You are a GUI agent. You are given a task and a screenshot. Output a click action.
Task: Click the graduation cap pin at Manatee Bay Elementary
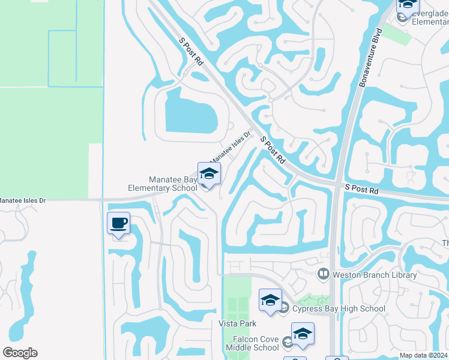(x=209, y=174)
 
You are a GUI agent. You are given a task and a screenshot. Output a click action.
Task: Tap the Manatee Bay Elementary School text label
(x=162, y=184)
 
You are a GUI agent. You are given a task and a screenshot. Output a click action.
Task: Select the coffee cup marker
(x=118, y=224)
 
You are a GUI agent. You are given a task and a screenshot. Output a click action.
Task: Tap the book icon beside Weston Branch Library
(x=324, y=274)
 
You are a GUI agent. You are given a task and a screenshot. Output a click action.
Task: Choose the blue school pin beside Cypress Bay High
(x=270, y=300)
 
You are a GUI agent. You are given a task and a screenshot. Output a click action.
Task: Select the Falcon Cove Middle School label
(x=252, y=343)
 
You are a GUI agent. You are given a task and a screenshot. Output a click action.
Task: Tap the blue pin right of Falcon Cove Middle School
(x=303, y=334)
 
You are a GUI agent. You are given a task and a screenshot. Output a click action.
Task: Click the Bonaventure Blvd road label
(x=370, y=57)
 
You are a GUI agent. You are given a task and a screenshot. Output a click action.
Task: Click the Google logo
(x=20, y=353)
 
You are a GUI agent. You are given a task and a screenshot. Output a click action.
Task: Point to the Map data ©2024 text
(x=423, y=355)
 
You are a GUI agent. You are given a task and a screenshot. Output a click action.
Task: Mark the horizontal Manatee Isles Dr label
(x=23, y=200)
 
